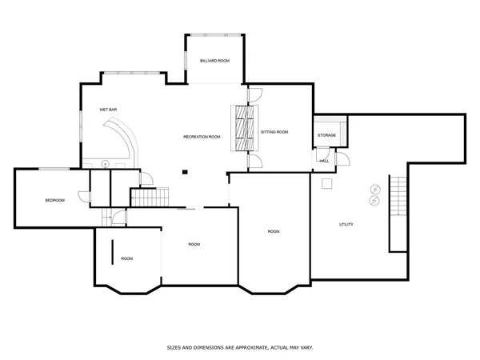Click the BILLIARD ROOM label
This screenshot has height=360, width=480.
(x=214, y=61)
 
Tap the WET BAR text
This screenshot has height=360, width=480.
(x=109, y=109)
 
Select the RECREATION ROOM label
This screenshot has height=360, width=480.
(x=202, y=137)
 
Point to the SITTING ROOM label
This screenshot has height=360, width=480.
(x=274, y=131)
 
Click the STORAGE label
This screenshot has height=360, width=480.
(x=326, y=135)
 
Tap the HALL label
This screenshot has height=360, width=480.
(x=324, y=161)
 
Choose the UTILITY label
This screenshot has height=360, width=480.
(x=346, y=224)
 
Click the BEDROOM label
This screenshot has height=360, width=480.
(x=54, y=200)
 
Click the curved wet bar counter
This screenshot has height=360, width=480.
(x=128, y=139)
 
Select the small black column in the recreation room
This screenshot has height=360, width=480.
(x=185, y=170)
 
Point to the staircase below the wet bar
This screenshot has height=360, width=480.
(x=150, y=197)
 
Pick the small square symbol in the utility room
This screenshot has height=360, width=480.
(x=326, y=184)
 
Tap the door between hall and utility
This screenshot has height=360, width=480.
(x=342, y=159)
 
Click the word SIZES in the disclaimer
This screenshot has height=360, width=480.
(x=174, y=348)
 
